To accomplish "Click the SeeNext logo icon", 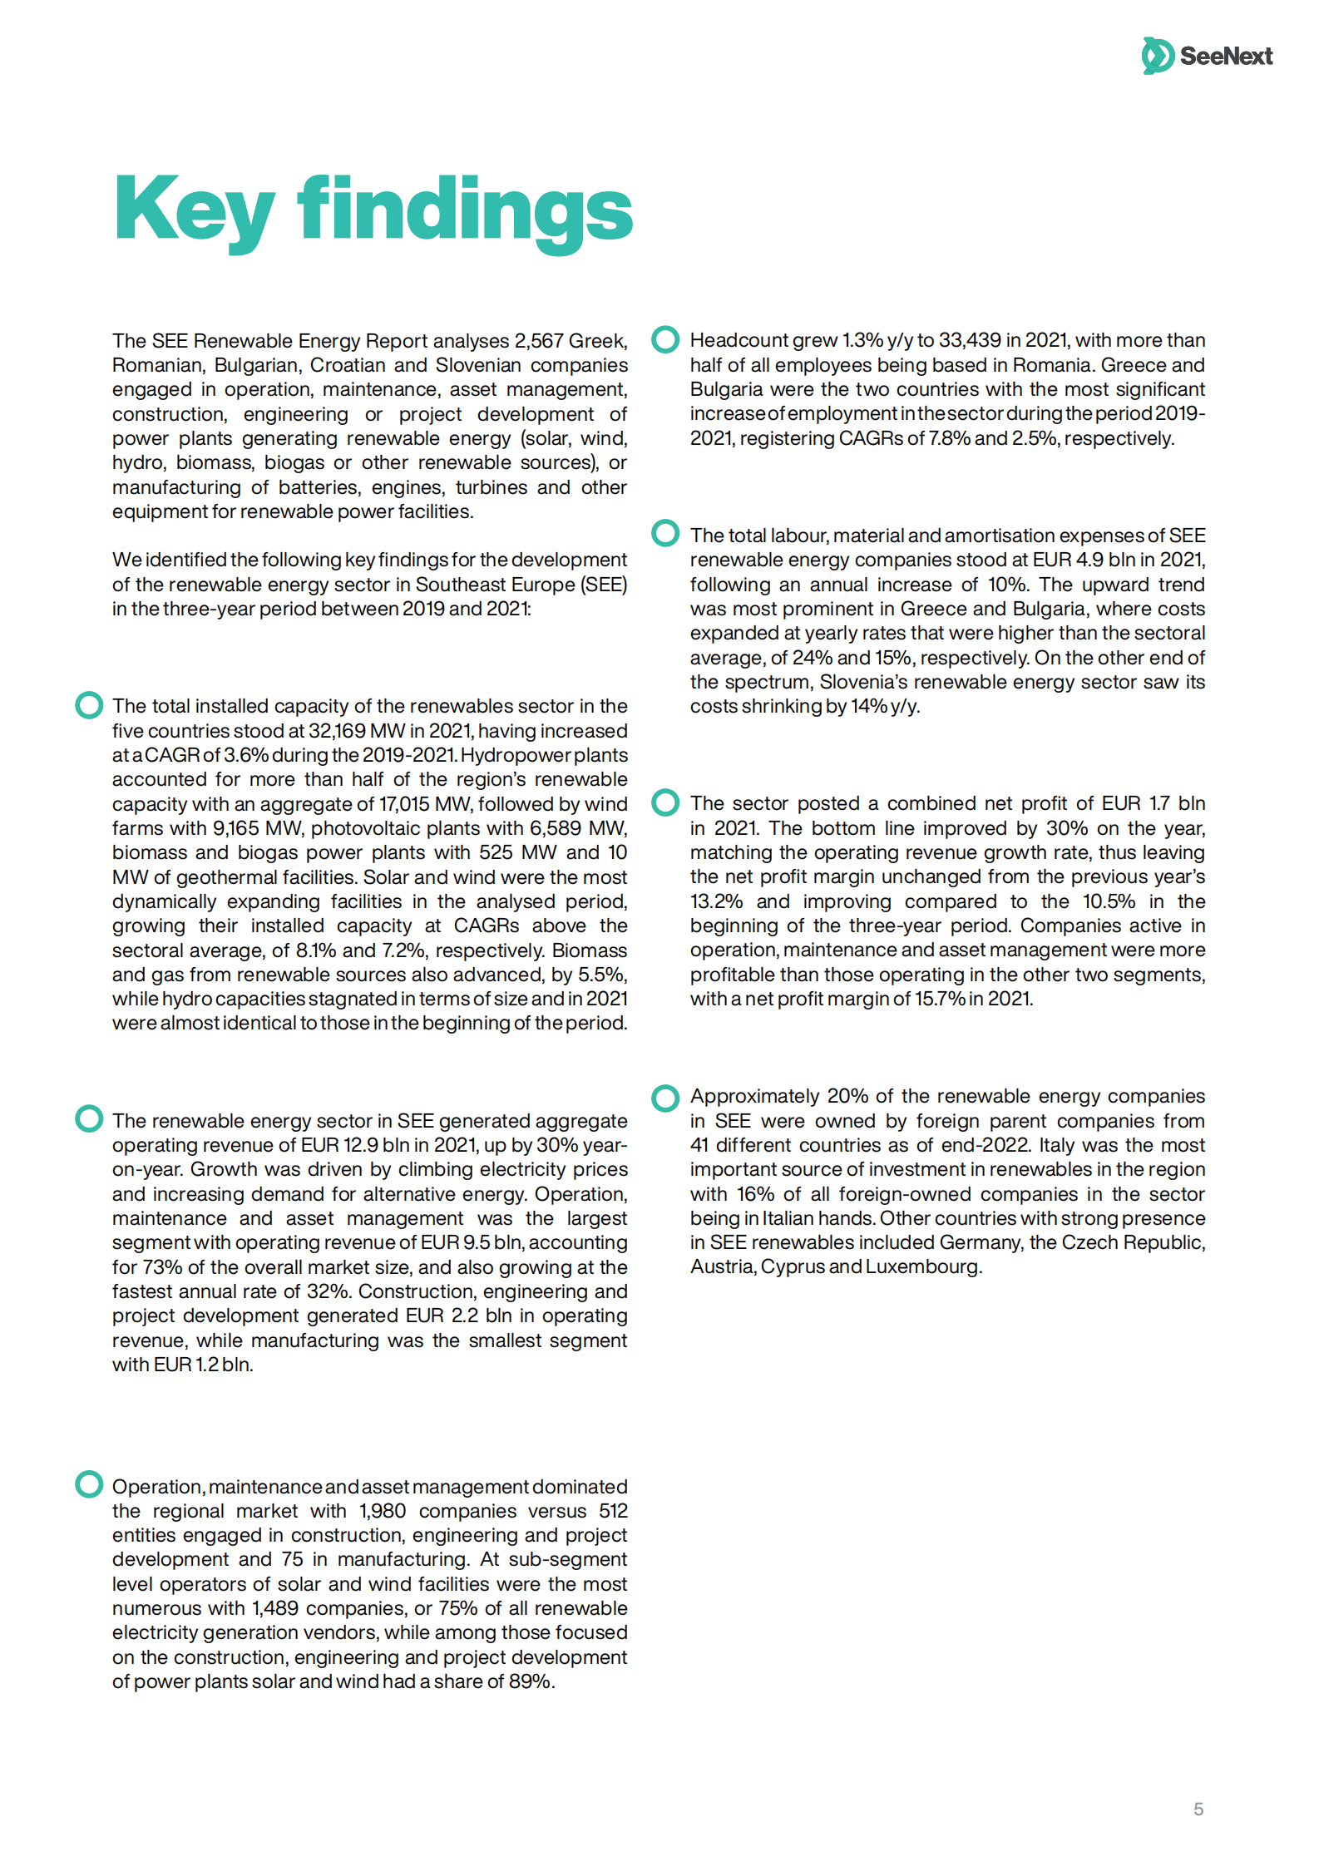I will [1158, 56].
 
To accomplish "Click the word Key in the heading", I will [194, 210].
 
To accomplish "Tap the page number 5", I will [1198, 1809].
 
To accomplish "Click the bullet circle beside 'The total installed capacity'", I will [89, 705].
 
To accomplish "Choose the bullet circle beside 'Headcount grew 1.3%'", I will [665, 339].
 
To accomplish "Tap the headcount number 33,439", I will [970, 340].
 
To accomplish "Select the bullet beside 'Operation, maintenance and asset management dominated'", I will [89, 1484].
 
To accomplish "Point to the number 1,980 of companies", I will [383, 1511].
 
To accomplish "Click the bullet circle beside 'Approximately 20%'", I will [665, 1098].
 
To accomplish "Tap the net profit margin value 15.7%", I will [939, 999].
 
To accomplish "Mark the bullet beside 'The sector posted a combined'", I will [665, 802].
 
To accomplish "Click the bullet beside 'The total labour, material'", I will [665, 534].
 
